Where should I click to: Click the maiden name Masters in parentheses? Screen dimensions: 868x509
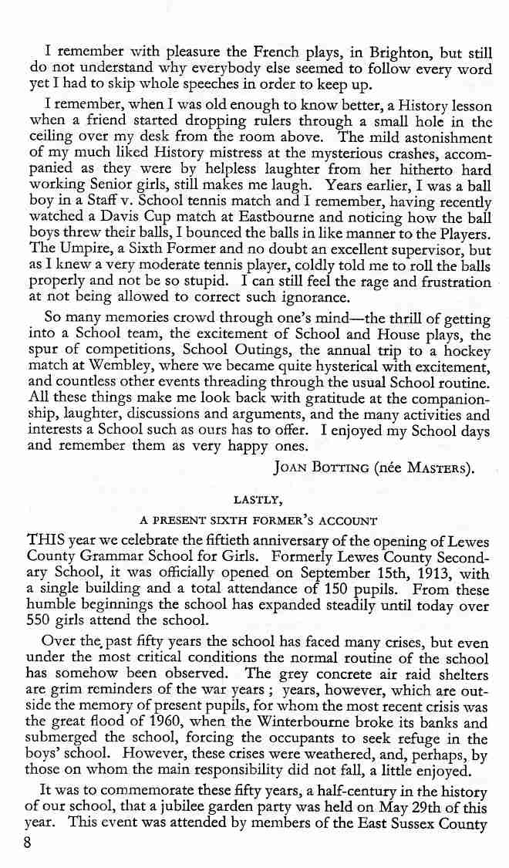click(x=447, y=468)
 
